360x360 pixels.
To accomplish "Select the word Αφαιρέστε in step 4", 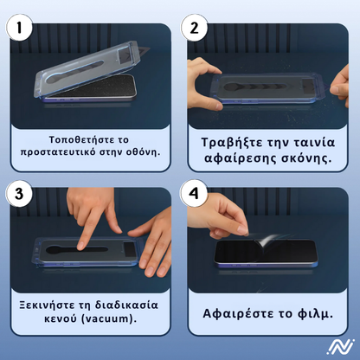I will tap(239, 313).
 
